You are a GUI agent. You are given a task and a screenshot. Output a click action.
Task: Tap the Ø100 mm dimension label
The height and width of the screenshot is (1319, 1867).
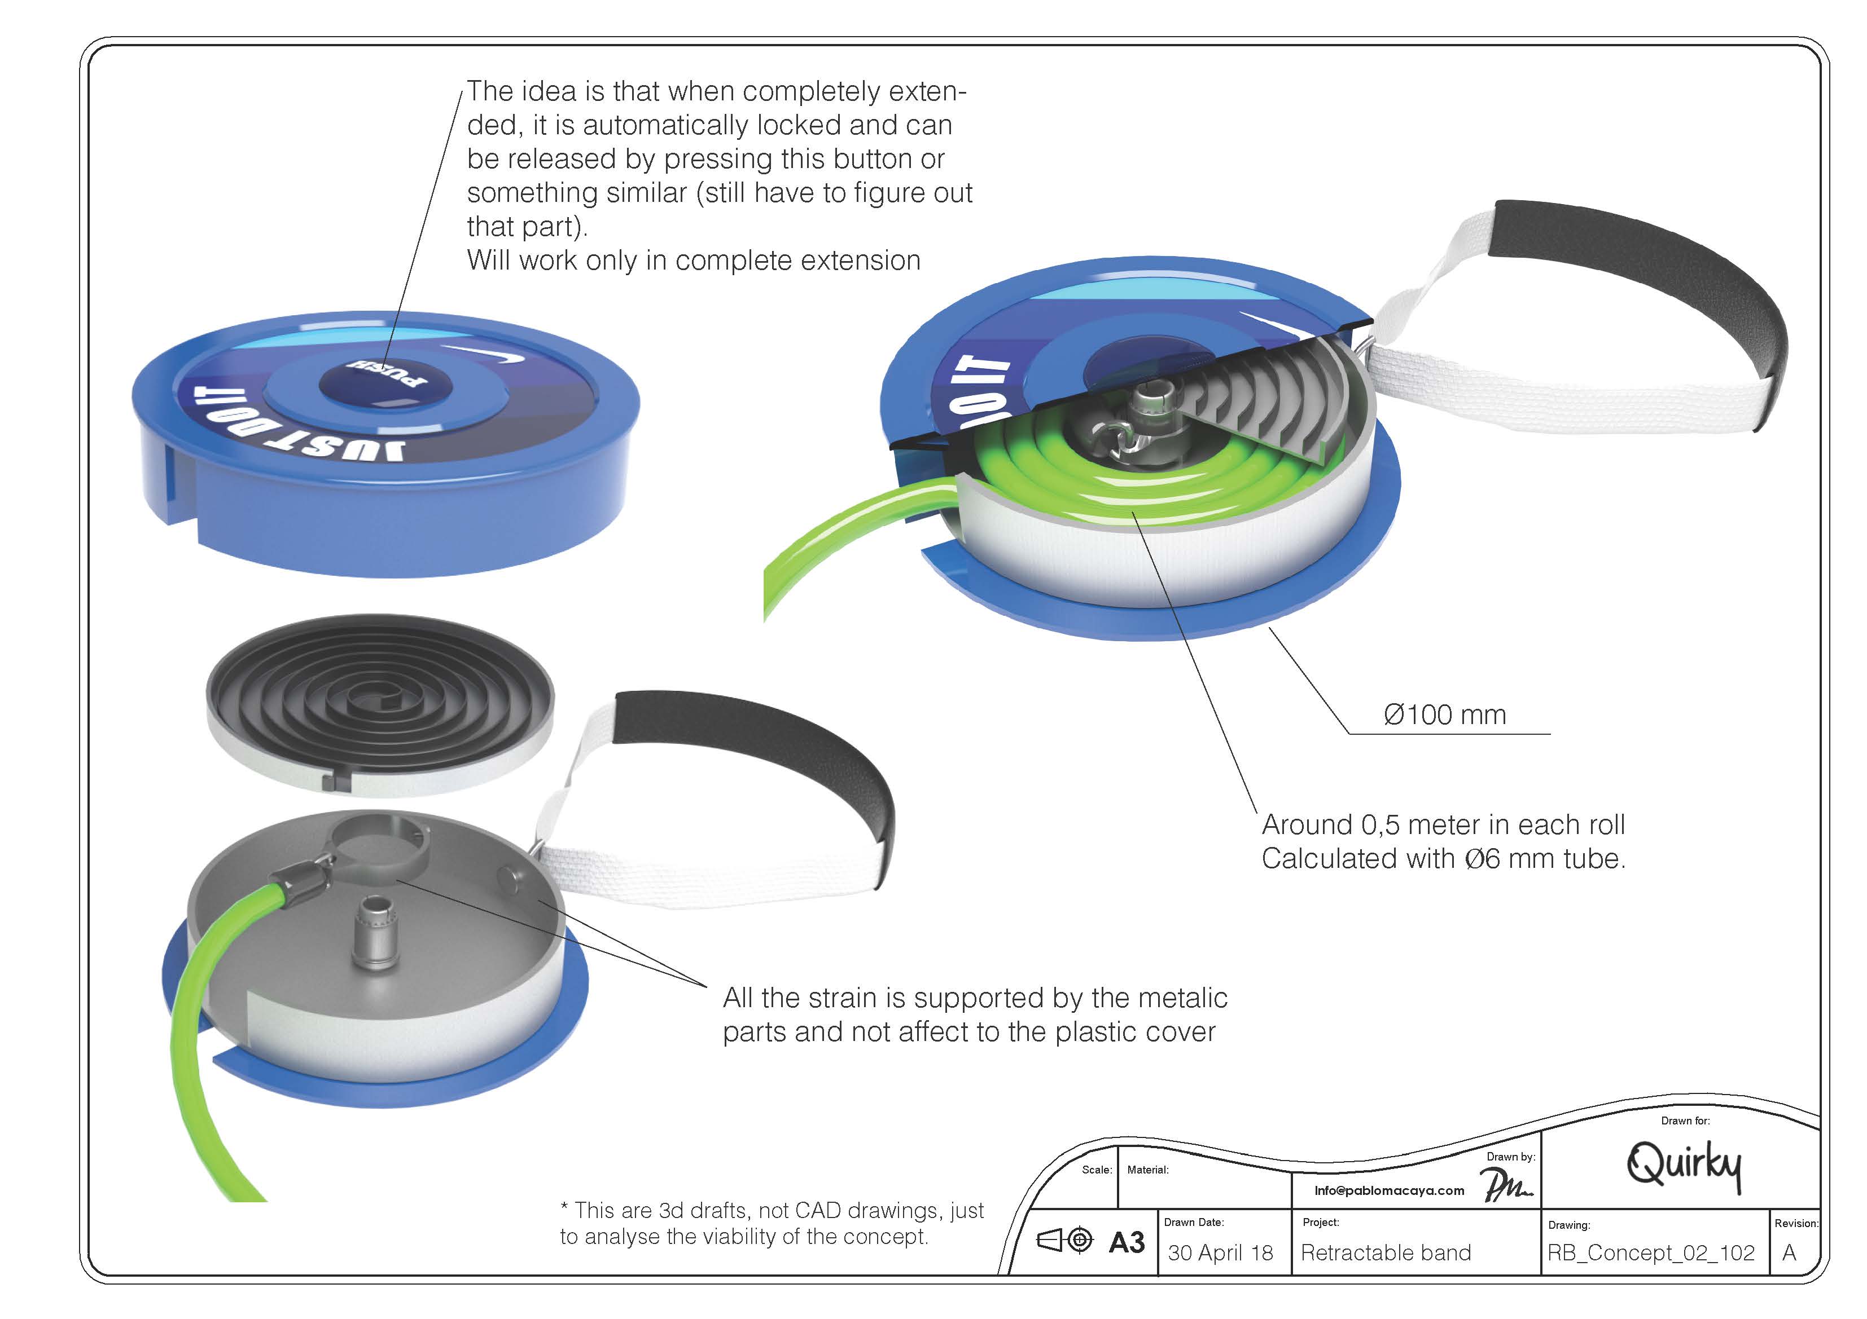(x=1444, y=715)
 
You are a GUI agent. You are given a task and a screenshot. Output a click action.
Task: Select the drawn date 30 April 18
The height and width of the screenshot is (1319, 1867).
(x=1220, y=1252)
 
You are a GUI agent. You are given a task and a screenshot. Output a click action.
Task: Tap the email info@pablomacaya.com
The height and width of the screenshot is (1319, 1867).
(x=1389, y=1190)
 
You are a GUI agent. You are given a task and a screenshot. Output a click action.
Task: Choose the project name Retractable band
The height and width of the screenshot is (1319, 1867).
(x=1386, y=1252)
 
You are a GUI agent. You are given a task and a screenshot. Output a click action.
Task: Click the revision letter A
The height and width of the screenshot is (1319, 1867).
(x=1789, y=1252)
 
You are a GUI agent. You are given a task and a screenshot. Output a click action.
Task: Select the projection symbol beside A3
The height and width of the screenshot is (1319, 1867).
(x=1064, y=1240)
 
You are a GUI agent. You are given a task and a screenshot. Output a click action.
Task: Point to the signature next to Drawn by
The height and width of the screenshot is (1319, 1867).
(x=1506, y=1185)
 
